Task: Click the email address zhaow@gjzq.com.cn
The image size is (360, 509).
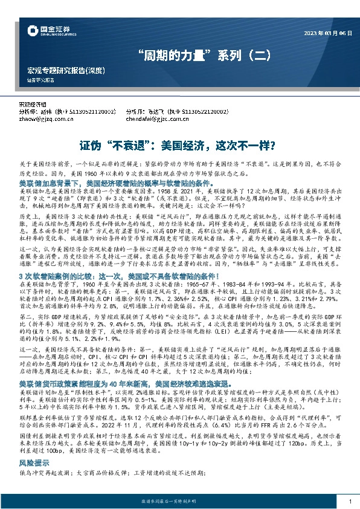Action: pos(46,118)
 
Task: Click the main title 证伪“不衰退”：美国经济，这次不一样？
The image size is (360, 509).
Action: pos(179,146)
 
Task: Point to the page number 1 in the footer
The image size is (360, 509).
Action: pos(350,501)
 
